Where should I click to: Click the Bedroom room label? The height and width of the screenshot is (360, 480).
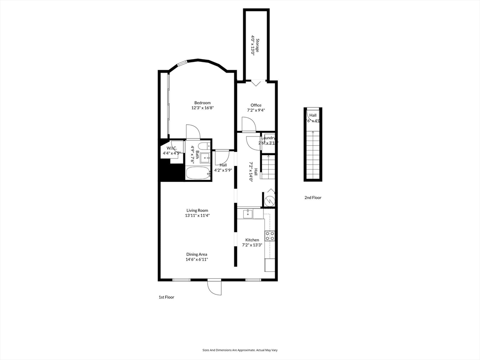click(202, 103)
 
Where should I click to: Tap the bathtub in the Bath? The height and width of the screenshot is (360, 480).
click(199, 173)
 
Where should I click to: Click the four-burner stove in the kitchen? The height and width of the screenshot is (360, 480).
click(270, 235)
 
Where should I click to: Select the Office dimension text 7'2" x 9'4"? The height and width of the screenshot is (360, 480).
click(256, 111)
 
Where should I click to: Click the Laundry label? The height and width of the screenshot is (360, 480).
click(268, 138)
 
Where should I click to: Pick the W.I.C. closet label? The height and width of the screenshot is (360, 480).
click(170, 149)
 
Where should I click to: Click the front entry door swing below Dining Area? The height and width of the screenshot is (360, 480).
click(214, 287)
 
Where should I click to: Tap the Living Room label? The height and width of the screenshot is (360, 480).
click(197, 210)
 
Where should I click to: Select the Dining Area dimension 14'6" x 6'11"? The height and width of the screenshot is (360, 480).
click(197, 259)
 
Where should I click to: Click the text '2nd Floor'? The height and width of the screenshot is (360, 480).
click(313, 198)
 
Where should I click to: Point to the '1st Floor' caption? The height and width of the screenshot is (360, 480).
click(166, 297)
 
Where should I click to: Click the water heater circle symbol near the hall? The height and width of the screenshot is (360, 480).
click(269, 201)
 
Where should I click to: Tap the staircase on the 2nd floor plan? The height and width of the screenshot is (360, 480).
click(313, 150)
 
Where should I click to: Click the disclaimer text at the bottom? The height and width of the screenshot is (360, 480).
click(240, 350)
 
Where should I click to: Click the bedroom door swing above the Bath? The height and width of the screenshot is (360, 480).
click(193, 132)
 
